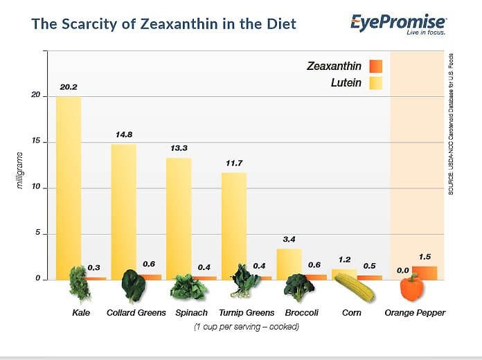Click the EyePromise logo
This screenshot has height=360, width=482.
pos(398,24)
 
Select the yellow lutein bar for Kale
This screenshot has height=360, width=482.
pos(69,188)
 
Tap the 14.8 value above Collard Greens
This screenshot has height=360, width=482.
pos(124,135)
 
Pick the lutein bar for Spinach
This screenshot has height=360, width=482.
pos(179,219)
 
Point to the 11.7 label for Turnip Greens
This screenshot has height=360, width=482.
pos(234,163)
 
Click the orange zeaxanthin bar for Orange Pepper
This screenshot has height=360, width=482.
pos(425,273)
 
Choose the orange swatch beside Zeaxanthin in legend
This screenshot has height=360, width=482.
pos(375,66)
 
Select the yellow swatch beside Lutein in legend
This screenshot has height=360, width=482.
pos(375,83)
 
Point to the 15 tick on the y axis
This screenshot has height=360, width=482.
pos(36,141)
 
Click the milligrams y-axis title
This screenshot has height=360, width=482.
pos(19,170)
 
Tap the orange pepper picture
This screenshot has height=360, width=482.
pos(412,287)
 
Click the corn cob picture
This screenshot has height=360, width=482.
pos(355,287)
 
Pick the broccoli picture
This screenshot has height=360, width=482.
pos(298,287)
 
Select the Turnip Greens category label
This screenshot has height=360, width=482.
pos(247,313)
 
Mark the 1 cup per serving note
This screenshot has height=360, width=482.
pos(247,327)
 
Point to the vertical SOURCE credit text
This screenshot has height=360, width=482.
pos(451,124)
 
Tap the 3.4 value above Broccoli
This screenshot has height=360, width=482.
pos(289,239)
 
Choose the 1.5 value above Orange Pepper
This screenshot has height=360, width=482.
pos(425,257)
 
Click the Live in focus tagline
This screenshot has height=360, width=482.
pos(426,33)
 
